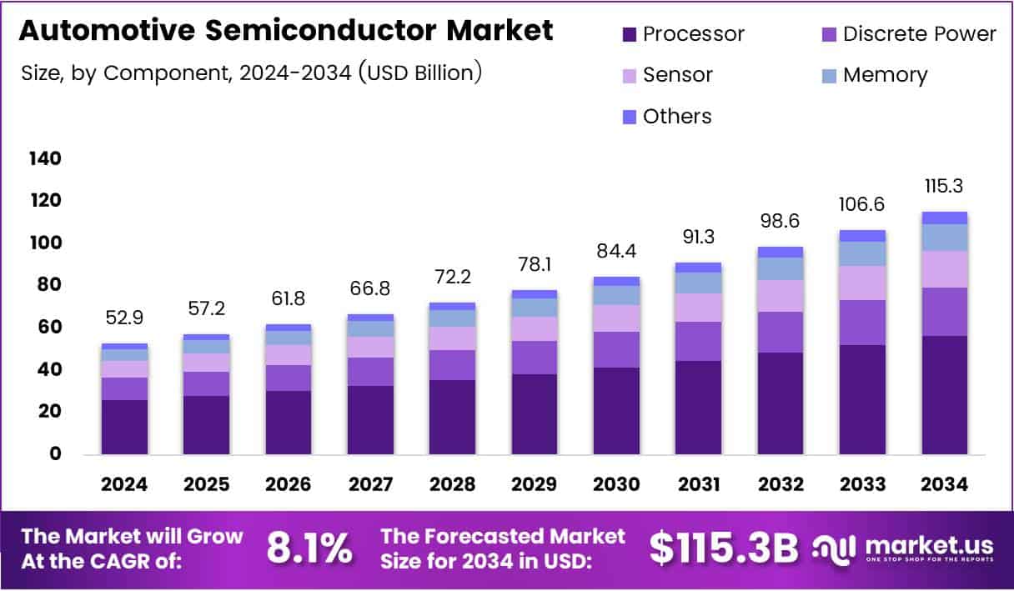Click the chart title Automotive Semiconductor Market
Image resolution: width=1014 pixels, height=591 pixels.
pyautogui.click(x=285, y=31)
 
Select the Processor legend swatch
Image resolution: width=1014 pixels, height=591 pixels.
pyautogui.click(x=629, y=34)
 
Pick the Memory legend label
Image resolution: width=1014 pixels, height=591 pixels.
pyautogui.click(x=885, y=75)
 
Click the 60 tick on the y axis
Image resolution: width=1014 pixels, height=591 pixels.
pyautogui.click(x=48, y=328)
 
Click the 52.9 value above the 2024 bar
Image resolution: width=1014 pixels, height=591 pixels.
pyautogui.click(x=124, y=317)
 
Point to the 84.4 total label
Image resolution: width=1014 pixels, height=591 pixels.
pyautogui.click(x=616, y=249)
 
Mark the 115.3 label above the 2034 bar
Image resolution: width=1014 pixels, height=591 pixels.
pyautogui.click(x=945, y=185)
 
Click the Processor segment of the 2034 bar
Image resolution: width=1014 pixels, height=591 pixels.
pyautogui.click(x=945, y=395)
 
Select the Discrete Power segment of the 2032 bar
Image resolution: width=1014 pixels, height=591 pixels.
pyautogui.click(x=781, y=332)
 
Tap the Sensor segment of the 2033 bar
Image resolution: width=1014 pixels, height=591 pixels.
pyautogui.click(x=862, y=283)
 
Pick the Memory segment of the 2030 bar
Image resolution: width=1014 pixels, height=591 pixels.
pyautogui.click(x=616, y=295)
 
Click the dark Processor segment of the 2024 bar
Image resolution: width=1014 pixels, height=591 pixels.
pyautogui.click(x=124, y=427)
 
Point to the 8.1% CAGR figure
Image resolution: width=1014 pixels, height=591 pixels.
pyautogui.click(x=309, y=548)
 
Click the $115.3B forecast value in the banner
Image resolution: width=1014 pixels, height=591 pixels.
pyautogui.click(x=723, y=548)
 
